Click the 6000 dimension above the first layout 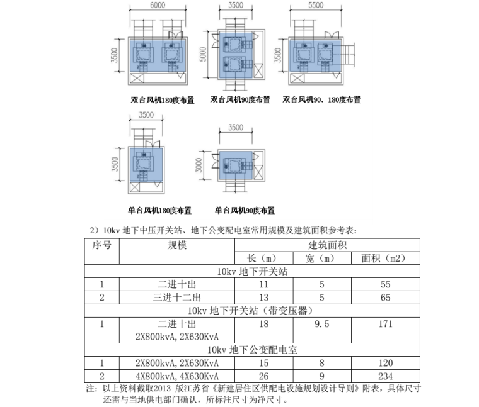(x=158, y=5)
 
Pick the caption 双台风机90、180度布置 (x=321, y=100)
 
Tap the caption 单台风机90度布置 (x=245, y=211)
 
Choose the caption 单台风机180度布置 (x=159, y=211)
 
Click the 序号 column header (x=102, y=245)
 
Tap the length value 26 (x=263, y=376)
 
